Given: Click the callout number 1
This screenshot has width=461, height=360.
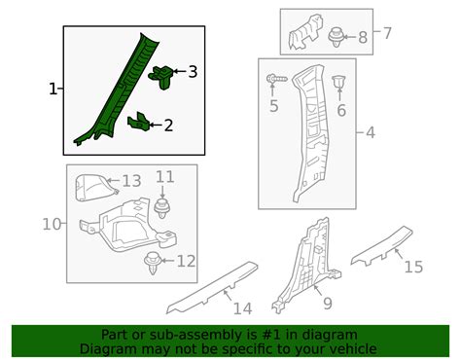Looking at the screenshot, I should pyautogui.click(x=53, y=90).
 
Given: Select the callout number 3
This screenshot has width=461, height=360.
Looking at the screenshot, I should pyautogui.click(x=193, y=71).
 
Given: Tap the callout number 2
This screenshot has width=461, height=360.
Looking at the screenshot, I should pyautogui.click(x=168, y=125).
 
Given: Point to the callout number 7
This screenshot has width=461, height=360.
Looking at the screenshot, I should pyautogui.click(x=387, y=34).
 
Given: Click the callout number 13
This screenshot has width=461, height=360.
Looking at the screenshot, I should pyautogui.click(x=131, y=181).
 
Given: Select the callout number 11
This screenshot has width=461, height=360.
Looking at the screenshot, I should pyautogui.click(x=165, y=176).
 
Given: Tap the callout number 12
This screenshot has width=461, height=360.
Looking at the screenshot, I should pyautogui.click(x=186, y=261).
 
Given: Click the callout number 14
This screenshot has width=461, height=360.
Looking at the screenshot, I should pyautogui.click(x=242, y=308).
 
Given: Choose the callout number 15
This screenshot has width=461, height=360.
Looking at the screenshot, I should pyautogui.click(x=413, y=266).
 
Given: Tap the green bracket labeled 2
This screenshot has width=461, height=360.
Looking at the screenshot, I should pyautogui.click(x=140, y=122).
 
